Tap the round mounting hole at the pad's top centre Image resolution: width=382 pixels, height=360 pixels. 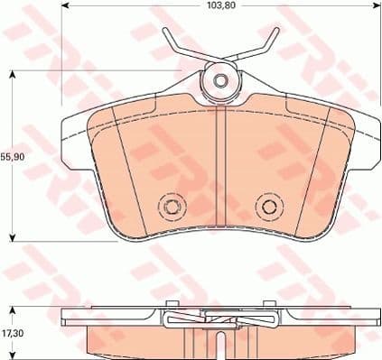click(x=220, y=81)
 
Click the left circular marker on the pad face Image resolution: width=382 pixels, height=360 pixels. click(x=170, y=207)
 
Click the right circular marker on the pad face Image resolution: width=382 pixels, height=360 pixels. click(x=266, y=207)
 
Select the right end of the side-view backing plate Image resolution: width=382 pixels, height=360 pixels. click(x=373, y=318)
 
